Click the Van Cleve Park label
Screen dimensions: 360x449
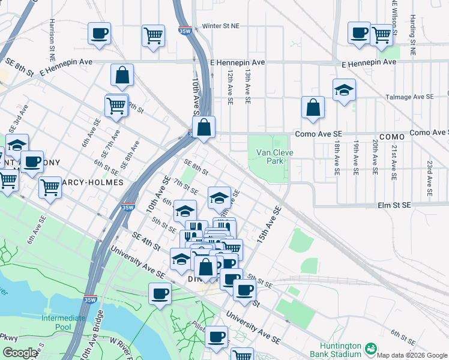point(274,157)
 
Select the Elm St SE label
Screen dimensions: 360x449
point(394,205)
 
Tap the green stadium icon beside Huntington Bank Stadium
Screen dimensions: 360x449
point(370,348)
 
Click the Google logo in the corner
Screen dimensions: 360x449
point(20,353)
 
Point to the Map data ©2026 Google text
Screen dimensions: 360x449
point(412,355)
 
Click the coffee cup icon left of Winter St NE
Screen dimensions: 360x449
point(100,33)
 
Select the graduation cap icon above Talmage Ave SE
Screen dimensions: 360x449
point(344,90)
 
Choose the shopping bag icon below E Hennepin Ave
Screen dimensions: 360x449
point(122,75)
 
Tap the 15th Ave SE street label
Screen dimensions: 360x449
point(269,225)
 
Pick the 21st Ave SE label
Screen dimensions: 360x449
point(393,163)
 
